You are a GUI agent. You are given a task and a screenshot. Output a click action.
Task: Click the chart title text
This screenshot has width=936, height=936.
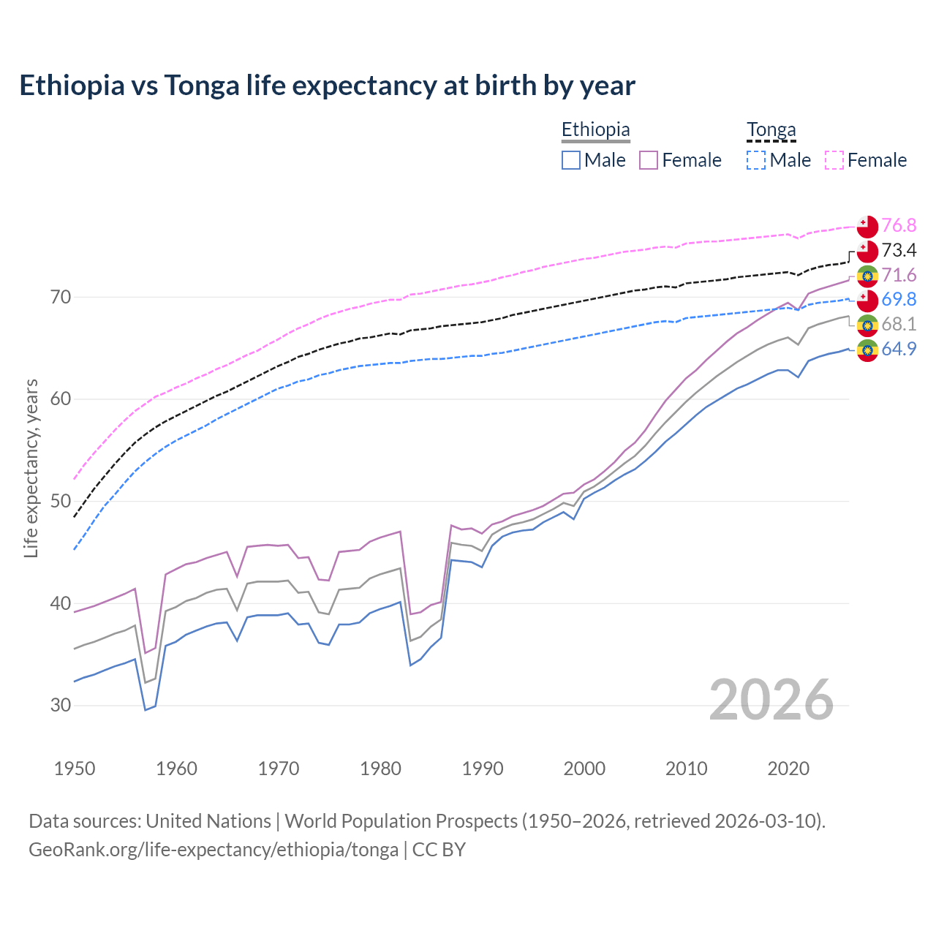(x=327, y=86)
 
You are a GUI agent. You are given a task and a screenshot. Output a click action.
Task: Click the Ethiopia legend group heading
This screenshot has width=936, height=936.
(x=595, y=130)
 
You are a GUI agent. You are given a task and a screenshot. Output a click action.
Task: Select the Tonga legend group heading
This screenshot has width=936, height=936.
(x=771, y=130)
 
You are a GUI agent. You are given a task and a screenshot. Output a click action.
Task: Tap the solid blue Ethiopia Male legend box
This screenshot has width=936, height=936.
(x=571, y=160)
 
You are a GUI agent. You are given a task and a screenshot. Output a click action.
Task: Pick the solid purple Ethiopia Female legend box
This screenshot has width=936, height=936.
(x=649, y=160)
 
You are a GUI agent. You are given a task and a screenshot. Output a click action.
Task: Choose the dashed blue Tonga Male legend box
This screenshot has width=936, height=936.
(x=756, y=160)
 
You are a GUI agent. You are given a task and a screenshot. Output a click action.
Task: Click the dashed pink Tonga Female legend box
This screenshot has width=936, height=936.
(x=834, y=160)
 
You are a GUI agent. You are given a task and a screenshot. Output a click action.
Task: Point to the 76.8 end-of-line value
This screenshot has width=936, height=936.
(x=899, y=225)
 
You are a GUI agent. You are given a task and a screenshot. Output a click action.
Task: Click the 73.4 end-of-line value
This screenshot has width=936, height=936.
(x=899, y=250)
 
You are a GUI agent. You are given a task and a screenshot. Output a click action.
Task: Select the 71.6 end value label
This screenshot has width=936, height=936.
(x=899, y=275)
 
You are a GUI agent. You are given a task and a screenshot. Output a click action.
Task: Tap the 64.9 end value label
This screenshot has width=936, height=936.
(x=899, y=349)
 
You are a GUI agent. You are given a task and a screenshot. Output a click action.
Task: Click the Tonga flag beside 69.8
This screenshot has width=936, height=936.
(x=867, y=300)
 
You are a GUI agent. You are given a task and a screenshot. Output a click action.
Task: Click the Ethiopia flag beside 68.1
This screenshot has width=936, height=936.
(x=867, y=325)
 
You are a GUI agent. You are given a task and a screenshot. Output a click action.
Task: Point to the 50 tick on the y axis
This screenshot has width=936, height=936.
(x=61, y=502)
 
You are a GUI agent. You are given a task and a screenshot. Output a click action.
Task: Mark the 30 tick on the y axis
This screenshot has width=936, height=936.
(x=61, y=706)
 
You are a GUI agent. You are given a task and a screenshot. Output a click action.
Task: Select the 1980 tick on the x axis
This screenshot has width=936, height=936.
(x=381, y=769)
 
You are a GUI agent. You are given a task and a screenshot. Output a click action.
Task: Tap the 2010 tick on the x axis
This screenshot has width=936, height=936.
(x=686, y=769)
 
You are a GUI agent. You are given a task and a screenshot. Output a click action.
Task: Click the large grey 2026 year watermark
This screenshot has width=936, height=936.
(x=771, y=700)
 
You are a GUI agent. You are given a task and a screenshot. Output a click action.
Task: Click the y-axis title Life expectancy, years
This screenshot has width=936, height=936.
(x=31, y=468)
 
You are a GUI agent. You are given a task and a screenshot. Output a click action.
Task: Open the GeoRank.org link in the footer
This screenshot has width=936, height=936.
(x=214, y=850)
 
